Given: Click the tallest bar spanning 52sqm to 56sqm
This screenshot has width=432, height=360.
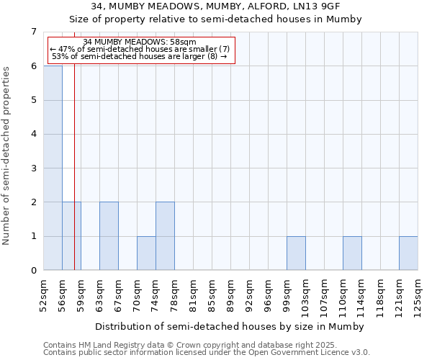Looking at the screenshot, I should pos(53,168).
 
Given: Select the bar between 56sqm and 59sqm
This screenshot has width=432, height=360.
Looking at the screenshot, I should pos(71,236).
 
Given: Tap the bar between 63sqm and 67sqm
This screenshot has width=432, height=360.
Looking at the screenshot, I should pos(109,236).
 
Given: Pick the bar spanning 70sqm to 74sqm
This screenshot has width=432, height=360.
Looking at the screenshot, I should pos(146,253).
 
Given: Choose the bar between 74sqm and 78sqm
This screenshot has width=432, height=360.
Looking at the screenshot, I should pos(165,236).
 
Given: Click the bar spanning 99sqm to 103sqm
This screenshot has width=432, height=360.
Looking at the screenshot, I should pos(296,253).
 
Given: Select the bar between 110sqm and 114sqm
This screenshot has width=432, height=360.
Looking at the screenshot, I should pos(352,253).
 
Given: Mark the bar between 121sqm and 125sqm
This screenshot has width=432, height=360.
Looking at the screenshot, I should pos(408,253).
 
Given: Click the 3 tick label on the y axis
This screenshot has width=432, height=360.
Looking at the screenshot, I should pos(33,168).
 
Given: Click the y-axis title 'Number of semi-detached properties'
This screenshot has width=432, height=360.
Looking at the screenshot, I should pos(7,156).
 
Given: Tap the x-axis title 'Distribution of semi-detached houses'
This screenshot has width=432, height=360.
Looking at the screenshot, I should pos(230,326).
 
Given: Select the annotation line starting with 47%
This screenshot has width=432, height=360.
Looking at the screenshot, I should pos(140,49).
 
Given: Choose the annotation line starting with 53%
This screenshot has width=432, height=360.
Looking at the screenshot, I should pos(140,57).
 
